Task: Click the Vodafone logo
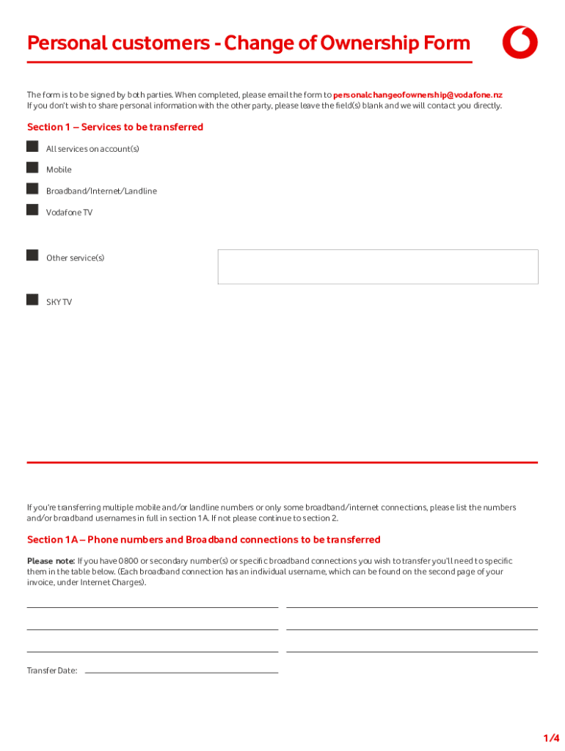coord(520,43)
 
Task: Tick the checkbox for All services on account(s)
coord(32,147)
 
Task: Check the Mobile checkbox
coord(32,168)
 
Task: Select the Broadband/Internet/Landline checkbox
coord(32,189)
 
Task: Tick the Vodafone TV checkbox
coord(32,210)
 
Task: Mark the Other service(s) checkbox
coord(32,255)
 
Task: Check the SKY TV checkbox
coord(32,300)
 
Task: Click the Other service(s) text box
coord(378,266)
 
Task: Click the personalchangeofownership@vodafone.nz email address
coord(418,95)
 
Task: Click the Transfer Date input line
coord(181,670)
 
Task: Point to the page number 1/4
coord(551,737)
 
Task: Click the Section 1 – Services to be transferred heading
coord(115,128)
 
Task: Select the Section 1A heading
coord(203,540)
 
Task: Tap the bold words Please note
coord(51,562)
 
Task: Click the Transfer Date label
coord(52,671)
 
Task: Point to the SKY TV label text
coord(59,302)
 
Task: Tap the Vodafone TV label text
coord(69,213)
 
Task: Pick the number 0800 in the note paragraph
coord(129,562)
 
